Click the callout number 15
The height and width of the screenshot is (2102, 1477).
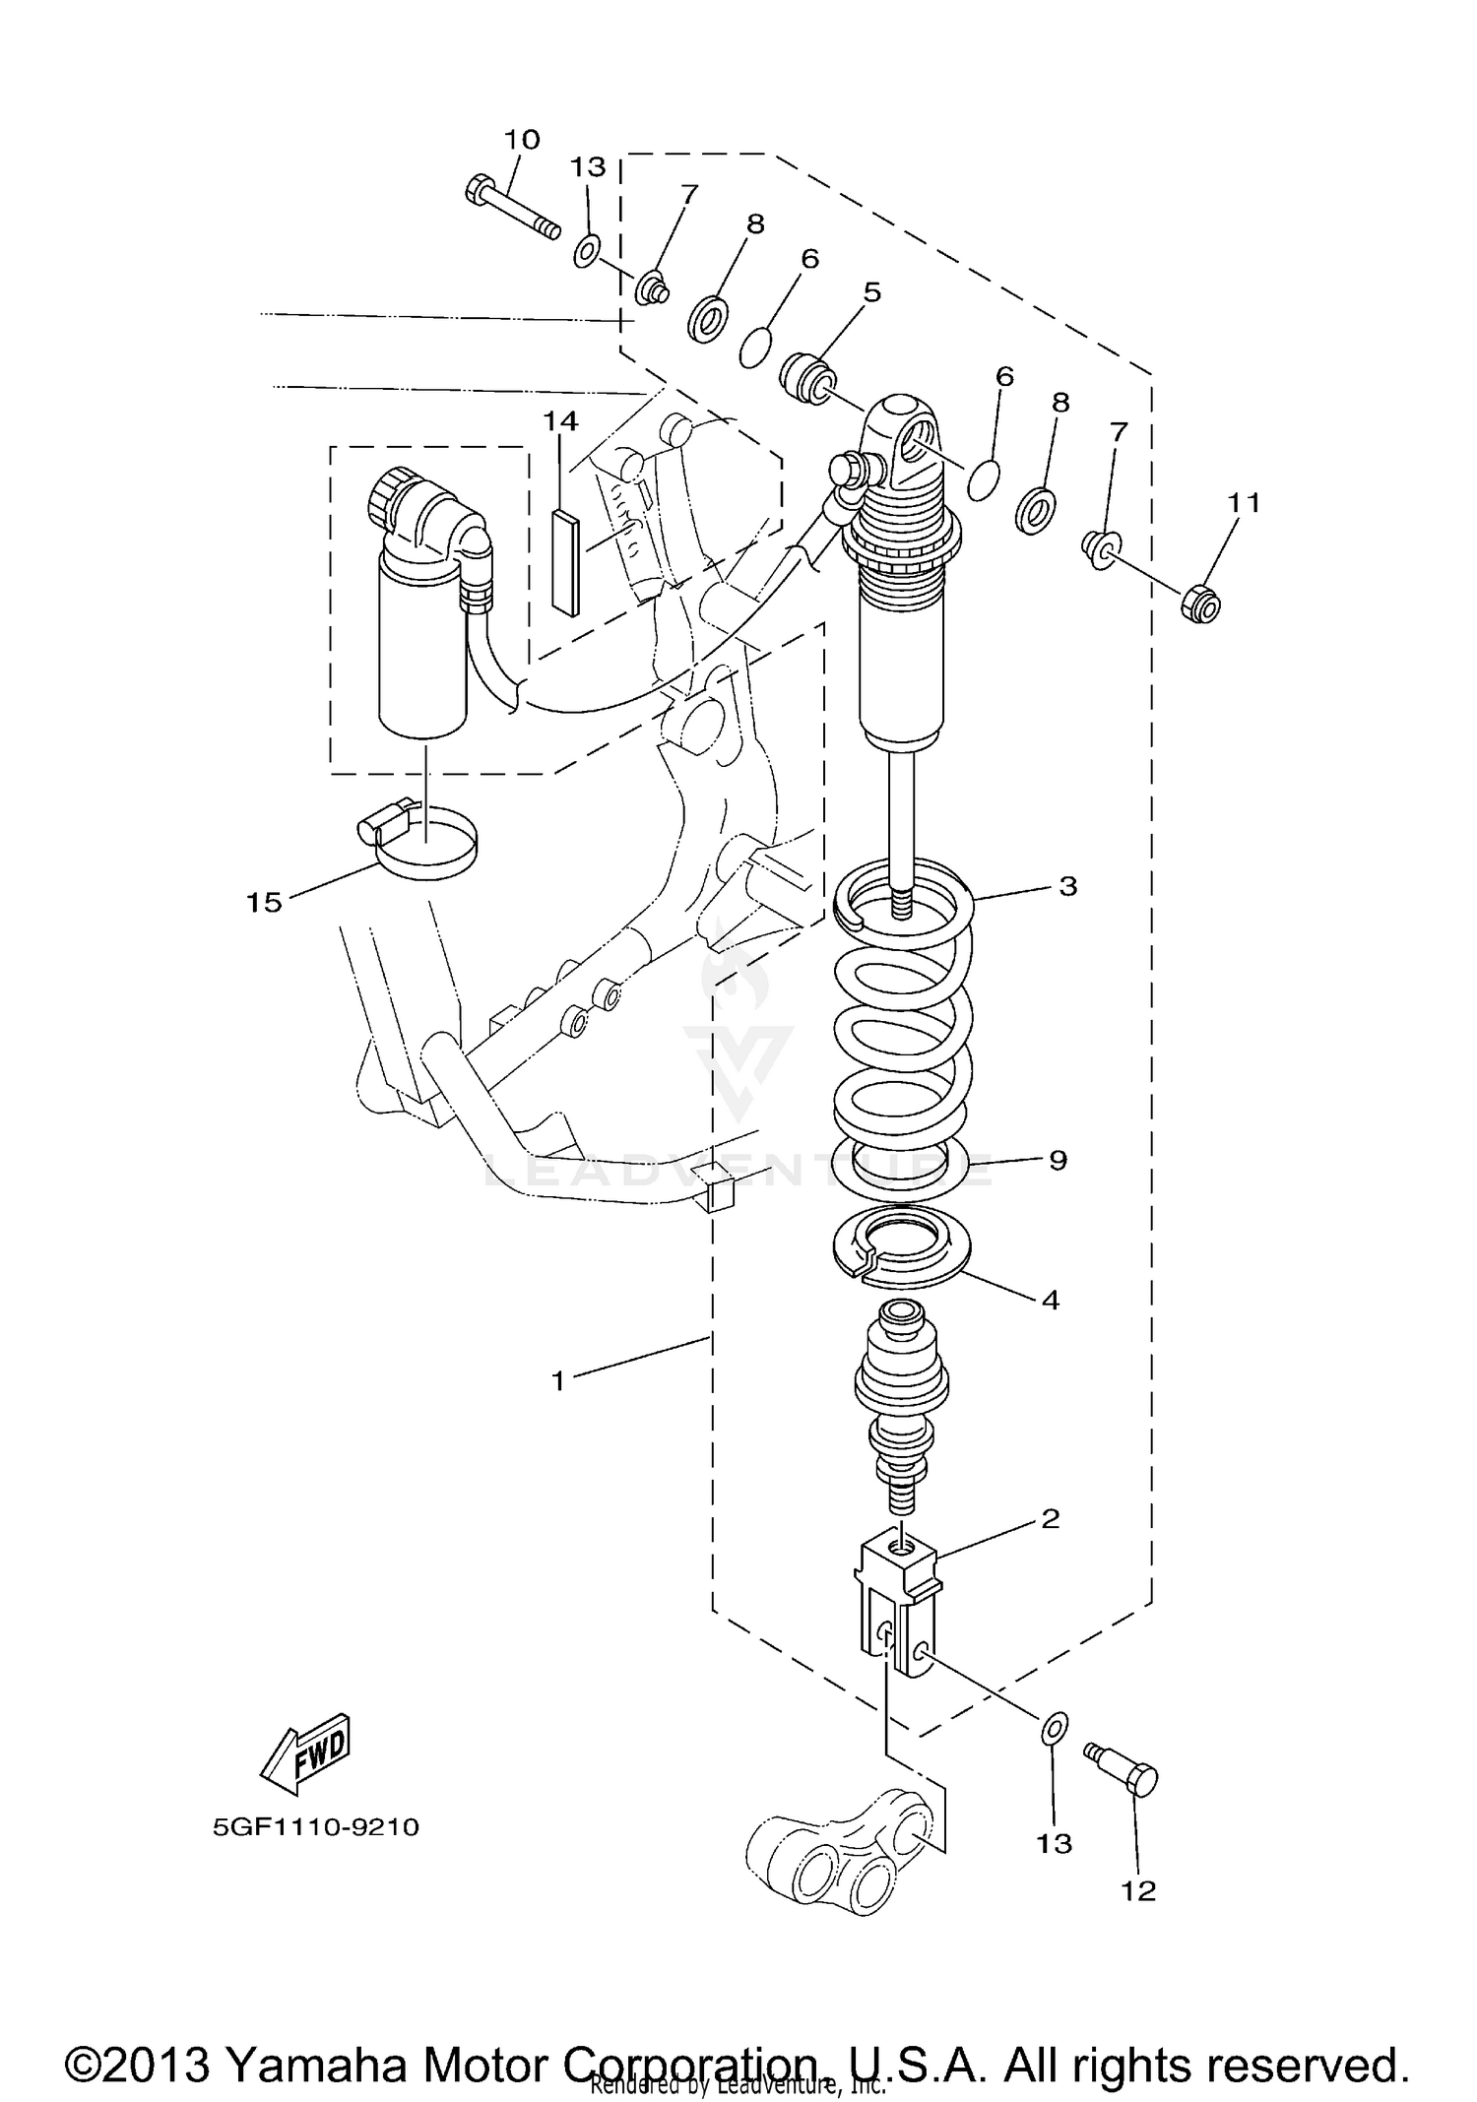tap(264, 901)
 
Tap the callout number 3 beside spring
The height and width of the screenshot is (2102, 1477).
tap(1068, 885)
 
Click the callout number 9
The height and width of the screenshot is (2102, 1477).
tap(1058, 1160)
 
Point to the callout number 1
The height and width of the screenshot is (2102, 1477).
tap(558, 1381)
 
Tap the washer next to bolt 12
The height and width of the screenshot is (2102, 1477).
tap(1054, 1727)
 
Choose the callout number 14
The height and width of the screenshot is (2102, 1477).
tap(560, 420)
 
